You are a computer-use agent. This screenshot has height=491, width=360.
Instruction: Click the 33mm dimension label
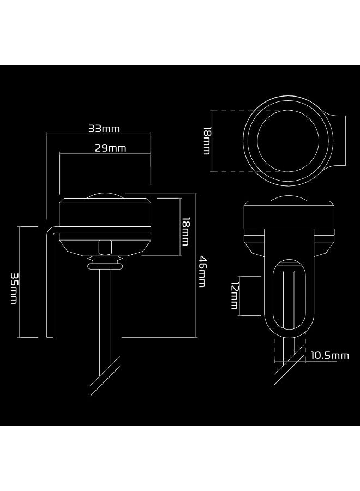tap(104, 129)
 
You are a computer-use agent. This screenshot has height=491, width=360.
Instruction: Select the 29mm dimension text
tap(114, 148)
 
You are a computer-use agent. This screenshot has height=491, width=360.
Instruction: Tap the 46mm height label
tap(202, 271)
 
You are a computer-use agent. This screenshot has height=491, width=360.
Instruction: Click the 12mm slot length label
tap(234, 296)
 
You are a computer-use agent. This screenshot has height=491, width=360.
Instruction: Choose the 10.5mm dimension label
tap(329, 356)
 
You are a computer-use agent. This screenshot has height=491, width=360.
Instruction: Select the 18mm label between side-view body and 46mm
tap(185, 231)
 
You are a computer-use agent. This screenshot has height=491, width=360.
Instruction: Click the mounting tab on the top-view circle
tap(339, 141)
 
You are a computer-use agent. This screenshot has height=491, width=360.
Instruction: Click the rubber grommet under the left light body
tap(105, 264)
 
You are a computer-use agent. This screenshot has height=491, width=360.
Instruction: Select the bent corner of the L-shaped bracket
tap(50, 230)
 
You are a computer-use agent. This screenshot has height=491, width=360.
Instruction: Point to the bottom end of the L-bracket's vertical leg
tap(50, 335)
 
